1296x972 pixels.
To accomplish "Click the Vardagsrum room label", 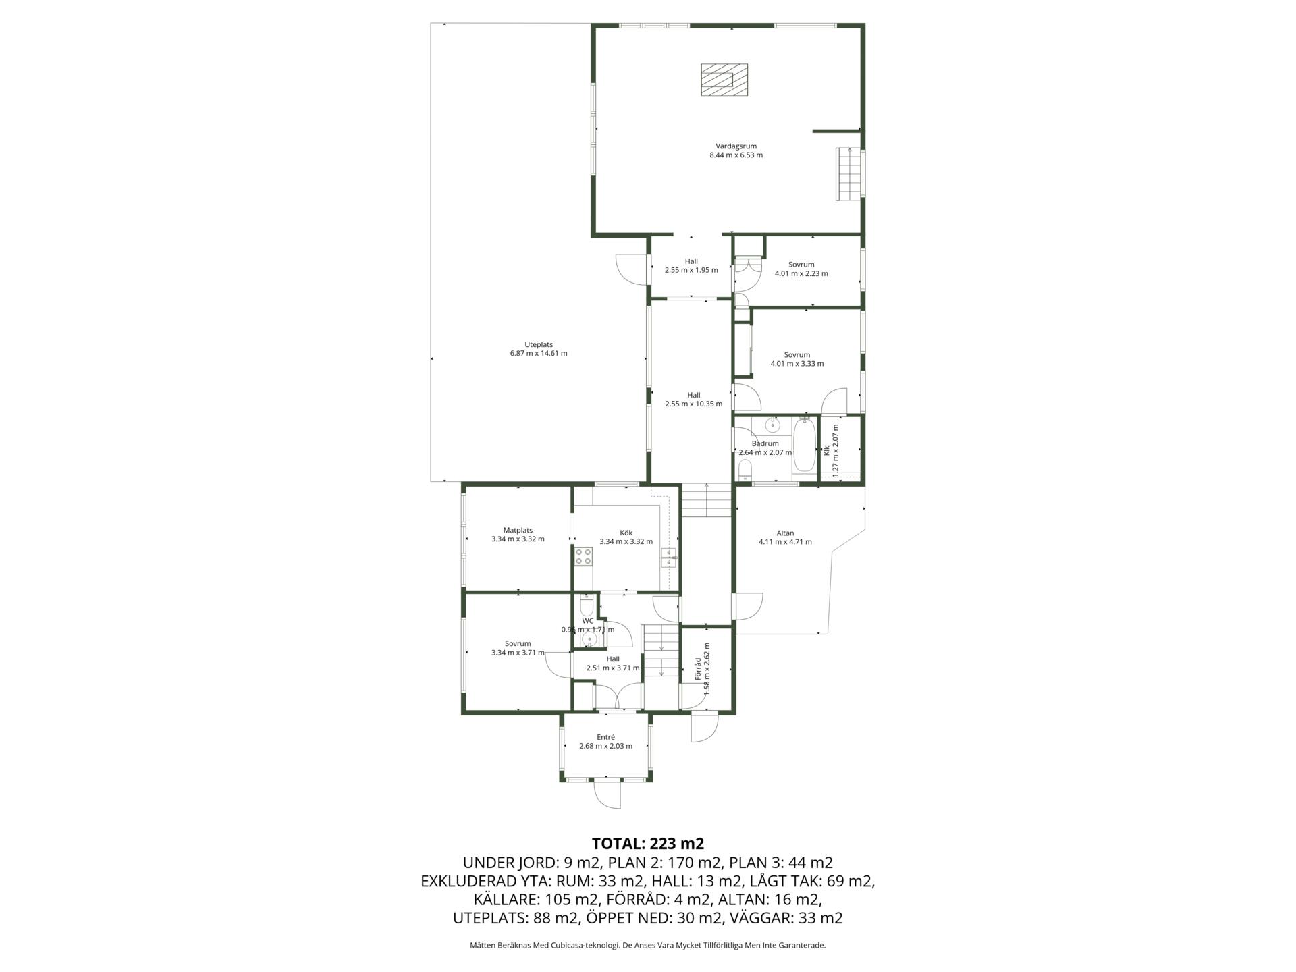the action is pyautogui.click(x=736, y=146).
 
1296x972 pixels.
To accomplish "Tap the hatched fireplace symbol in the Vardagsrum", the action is pyautogui.click(x=724, y=80).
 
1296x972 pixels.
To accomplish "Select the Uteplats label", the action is pyautogui.click(x=539, y=344).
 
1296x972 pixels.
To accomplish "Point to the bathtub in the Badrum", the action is pyautogui.click(x=803, y=445).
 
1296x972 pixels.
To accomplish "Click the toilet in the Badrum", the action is pyautogui.click(x=745, y=468).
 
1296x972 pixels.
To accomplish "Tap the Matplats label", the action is pyautogui.click(x=518, y=530).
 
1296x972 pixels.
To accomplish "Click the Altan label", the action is pyautogui.click(x=785, y=533).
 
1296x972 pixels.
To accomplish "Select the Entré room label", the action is pyautogui.click(x=605, y=737).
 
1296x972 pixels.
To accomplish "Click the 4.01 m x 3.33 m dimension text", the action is pyautogui.click(x=797, y=364).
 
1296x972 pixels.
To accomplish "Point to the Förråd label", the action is pyautogui.click(x=699, y=669).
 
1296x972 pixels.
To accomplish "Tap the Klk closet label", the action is pyautogui.click(x=826, y=450).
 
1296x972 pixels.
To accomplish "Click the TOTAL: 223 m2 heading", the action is pyautogui.click(x=648, y=844).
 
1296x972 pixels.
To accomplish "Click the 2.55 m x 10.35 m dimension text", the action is pyautogui.click(x=694, y=404).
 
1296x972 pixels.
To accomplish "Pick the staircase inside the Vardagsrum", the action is pyautogui.click(x=849, y=173).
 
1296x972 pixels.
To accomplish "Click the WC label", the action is pyautogui.click(x=588, y=621).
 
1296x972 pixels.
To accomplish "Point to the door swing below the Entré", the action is pyautogui.click(x=607, y=795).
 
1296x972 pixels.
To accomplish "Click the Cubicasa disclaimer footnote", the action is pyautogui.click(x=648, y=946).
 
